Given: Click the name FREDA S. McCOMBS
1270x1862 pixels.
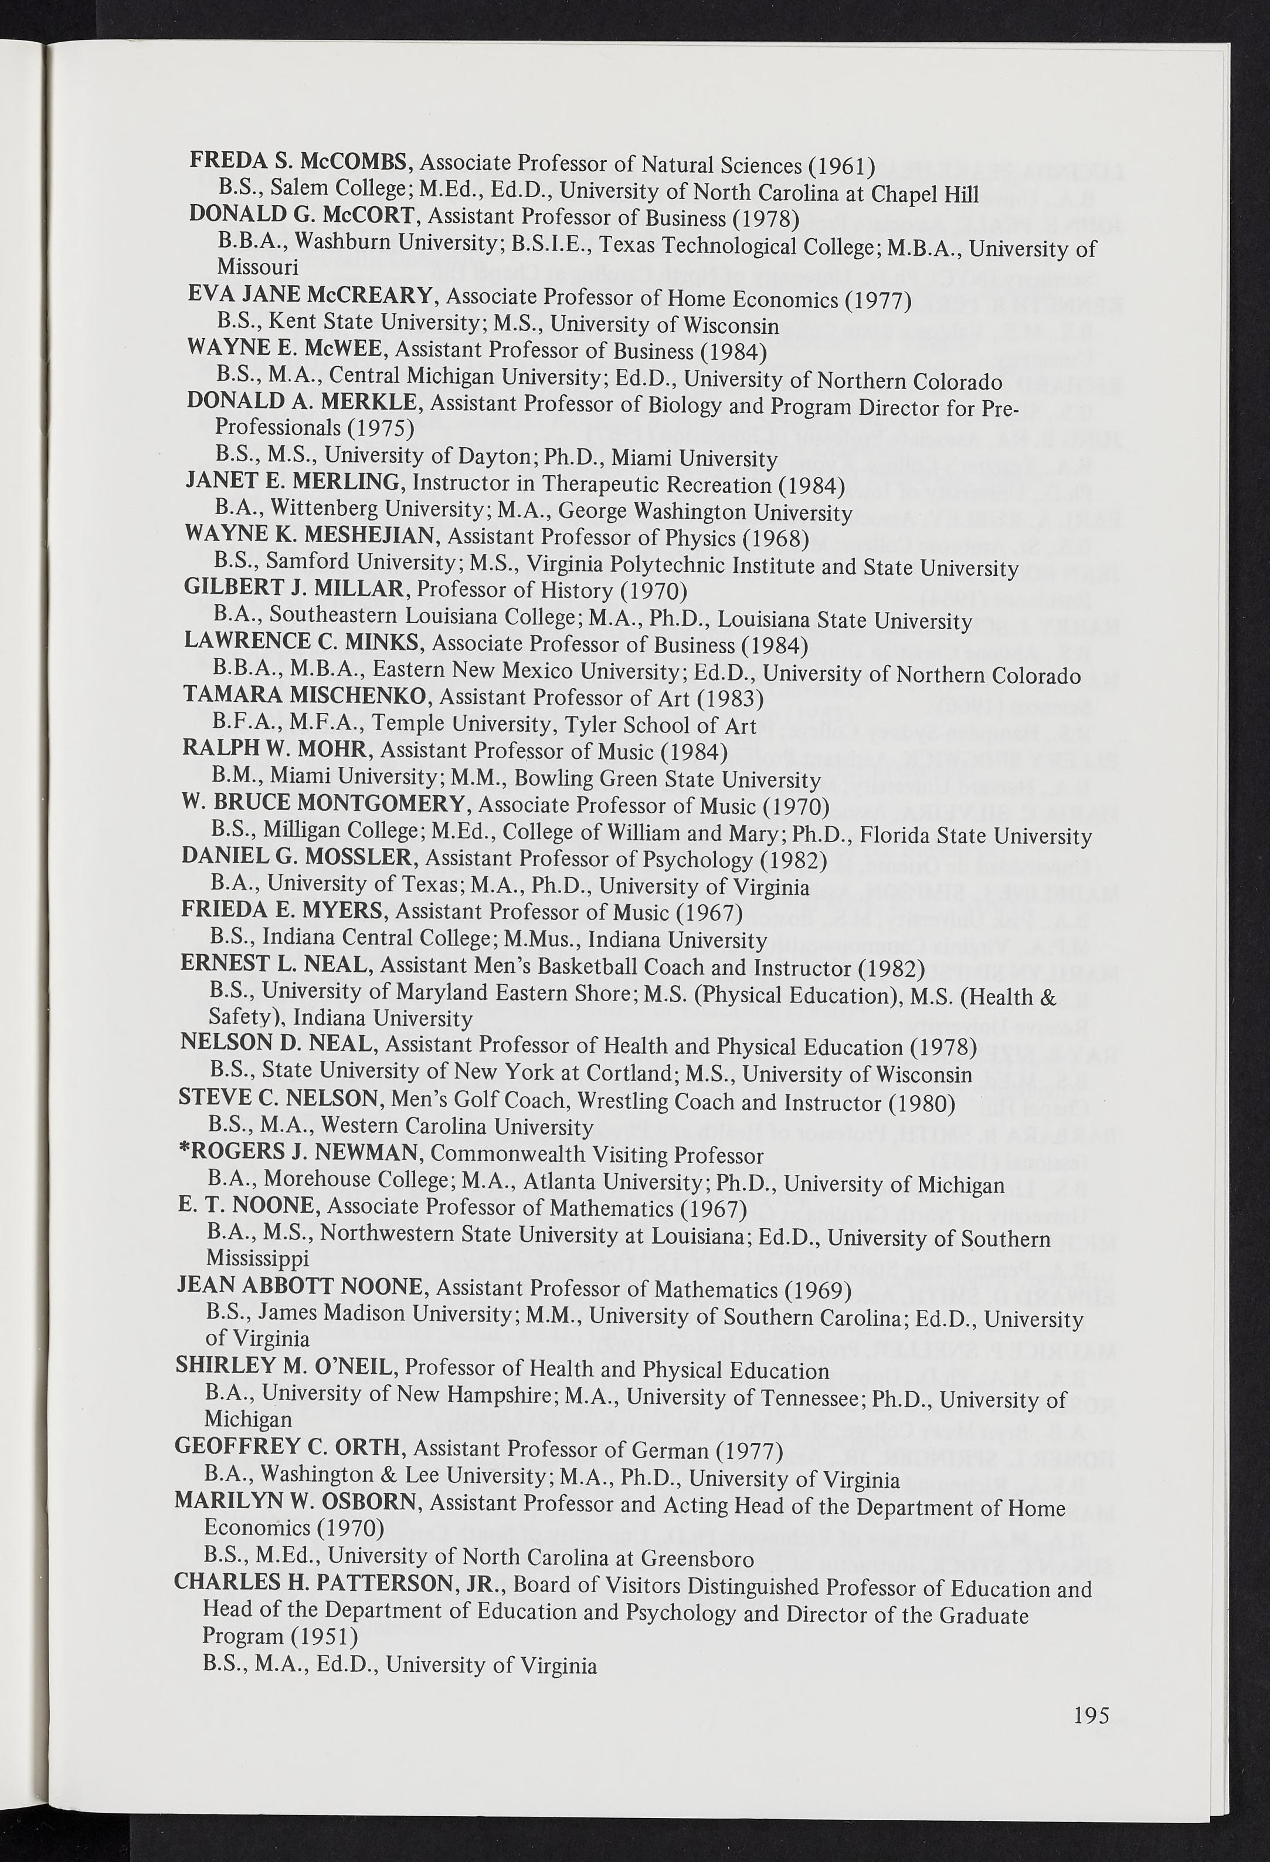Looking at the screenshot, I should [300, 161].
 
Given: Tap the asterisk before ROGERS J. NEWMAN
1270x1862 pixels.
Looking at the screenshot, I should [182, 1151].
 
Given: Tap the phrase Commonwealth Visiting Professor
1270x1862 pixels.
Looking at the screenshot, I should [596, 1154].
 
